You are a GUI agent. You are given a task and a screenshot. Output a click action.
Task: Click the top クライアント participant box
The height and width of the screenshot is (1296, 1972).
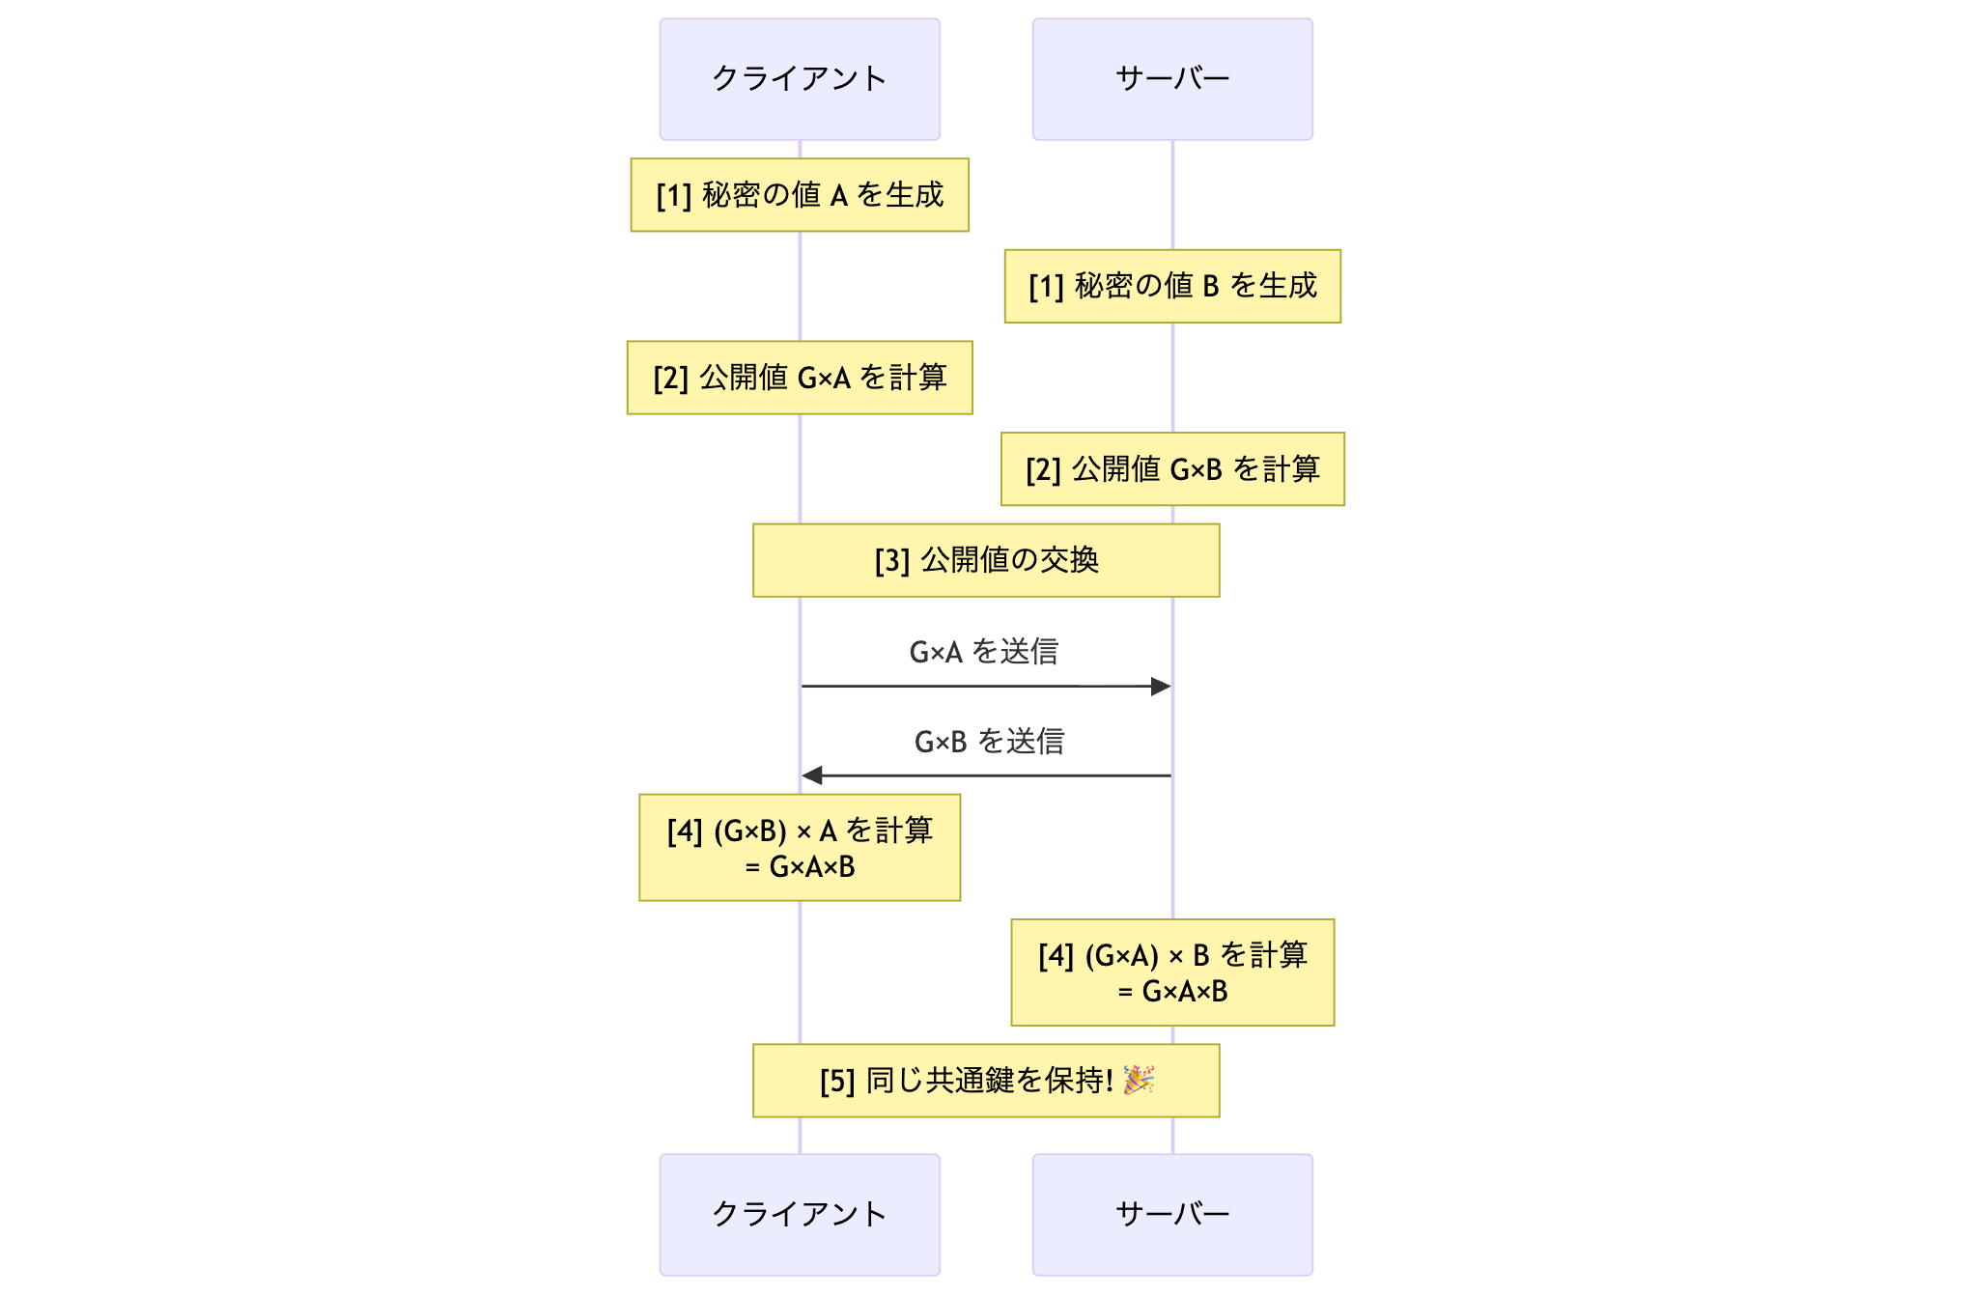pos(799,79)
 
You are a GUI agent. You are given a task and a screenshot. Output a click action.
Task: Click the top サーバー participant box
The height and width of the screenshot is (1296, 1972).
pos(1171,79)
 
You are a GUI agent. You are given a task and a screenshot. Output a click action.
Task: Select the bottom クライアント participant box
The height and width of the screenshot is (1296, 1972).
pos(799,1214)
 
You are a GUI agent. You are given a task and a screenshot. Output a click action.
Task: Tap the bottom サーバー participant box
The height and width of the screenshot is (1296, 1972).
pos(1171,1214)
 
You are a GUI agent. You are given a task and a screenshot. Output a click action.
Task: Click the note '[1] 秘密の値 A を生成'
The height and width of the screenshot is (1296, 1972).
pos(799,195)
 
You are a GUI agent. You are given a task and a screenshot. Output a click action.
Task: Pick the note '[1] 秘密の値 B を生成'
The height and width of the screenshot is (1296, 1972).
pos(1171,286)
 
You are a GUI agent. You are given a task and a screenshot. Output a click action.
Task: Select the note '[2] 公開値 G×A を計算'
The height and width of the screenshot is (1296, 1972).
pos(799,378)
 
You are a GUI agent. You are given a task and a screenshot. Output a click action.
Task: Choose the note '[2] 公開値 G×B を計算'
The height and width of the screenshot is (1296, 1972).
pos(1171,469)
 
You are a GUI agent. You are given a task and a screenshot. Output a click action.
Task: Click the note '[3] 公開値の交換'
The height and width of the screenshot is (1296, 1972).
pos(985,560)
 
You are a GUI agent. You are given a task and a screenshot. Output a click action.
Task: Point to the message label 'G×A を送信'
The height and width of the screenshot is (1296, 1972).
pos(983,652)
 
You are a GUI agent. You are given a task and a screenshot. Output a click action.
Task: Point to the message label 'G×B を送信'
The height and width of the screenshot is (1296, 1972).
pos(988,742)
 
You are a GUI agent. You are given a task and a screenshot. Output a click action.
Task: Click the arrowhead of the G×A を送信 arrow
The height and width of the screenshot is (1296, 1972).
pos(1162,687)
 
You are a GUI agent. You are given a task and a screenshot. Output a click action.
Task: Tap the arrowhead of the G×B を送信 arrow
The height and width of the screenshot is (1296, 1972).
pos(812,775)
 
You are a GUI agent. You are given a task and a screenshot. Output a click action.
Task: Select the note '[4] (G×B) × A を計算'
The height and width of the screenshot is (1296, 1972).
pos(799,831)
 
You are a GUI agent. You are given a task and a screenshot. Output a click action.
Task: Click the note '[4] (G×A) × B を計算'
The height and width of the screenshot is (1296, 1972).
pos(1171,956)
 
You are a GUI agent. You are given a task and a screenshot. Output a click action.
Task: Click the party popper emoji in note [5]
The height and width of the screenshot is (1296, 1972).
pos(1139,1080)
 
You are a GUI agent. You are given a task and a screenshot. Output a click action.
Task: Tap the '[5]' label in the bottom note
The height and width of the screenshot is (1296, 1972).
pos(837,1082)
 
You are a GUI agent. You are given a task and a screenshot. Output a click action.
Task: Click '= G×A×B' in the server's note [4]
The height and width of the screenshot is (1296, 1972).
pos(1171,992)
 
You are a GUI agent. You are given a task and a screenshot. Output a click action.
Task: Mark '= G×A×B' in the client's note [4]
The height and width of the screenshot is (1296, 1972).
pos(799,867)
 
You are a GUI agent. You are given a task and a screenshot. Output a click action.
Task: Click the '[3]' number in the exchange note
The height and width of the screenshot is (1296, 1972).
pos(891,561)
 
